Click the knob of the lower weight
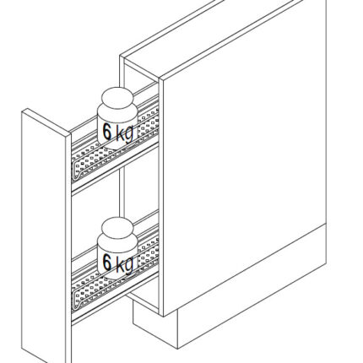(117, 227)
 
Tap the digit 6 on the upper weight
(107, 132)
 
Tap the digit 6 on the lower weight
(107, 262)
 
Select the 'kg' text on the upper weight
(125, 133)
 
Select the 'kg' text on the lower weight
(125, 264)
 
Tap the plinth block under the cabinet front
(155, 327)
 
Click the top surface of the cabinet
(209, 36)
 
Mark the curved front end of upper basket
(78, 169)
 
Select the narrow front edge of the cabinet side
(161, 197)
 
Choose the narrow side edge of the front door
(68, 247)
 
